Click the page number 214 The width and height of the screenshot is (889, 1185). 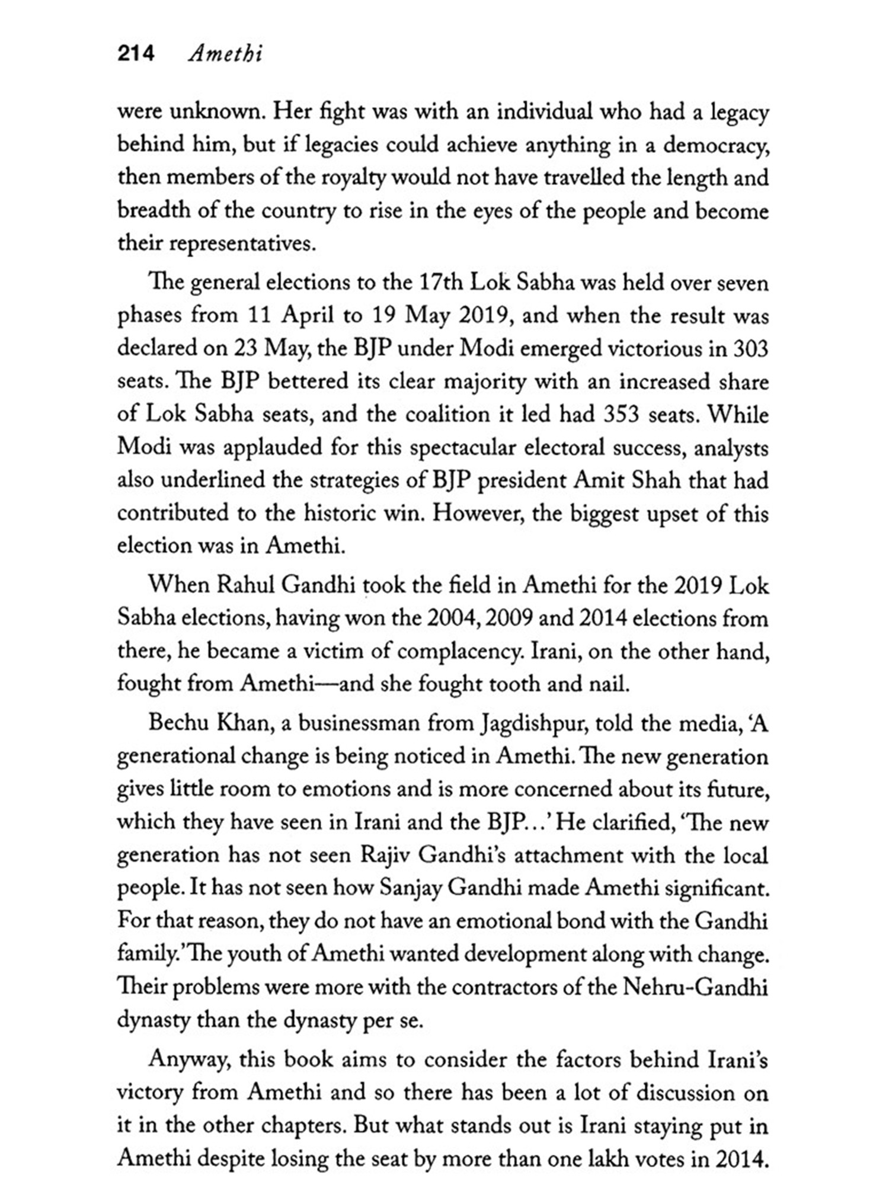point(136,54)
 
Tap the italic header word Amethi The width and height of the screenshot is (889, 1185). point(225,54)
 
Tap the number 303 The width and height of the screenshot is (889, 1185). point(750,348)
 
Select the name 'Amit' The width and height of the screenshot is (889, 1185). point(598,479)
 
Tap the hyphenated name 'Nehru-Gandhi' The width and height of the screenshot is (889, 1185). point(695,987)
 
